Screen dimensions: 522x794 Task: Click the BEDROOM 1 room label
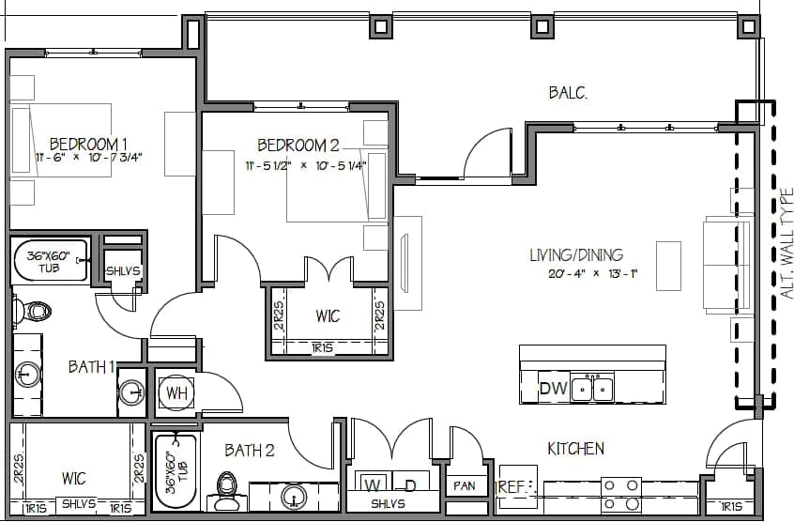88,144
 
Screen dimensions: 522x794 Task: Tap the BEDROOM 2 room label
298,145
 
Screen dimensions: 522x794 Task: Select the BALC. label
568,92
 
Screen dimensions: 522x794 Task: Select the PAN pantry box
464,486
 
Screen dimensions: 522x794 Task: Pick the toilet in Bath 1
35,311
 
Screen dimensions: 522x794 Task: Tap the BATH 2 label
250,451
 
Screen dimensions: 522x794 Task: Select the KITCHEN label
575,449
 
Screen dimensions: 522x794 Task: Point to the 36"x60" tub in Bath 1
50,260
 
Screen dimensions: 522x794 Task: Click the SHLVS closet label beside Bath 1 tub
122,270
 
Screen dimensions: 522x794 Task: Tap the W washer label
373,485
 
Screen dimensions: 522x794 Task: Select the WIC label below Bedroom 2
327,316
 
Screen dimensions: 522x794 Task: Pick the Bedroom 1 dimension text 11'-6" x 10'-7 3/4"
88,158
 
